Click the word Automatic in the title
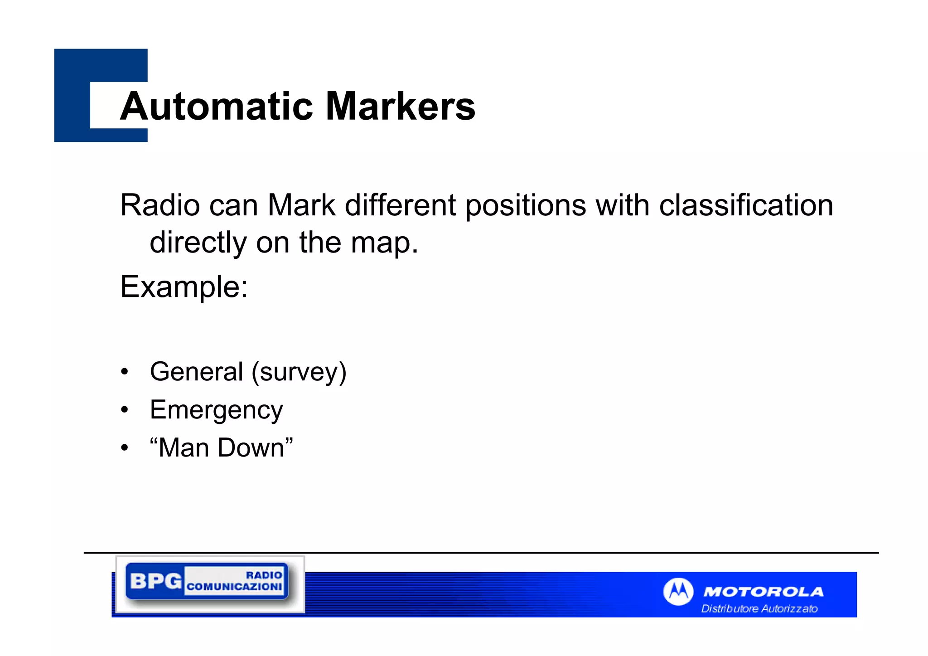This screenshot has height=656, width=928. click(x=217, y=107)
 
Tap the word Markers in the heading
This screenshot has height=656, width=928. click(x=401, y=107)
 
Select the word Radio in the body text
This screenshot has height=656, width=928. click(x=160, y=205)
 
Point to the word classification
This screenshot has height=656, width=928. click(x=746, y=205)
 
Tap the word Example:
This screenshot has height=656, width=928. click(x=184, y=287)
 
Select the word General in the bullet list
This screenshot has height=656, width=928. click(x=196, y=372)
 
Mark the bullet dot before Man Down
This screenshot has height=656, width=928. click(x=125, y=448)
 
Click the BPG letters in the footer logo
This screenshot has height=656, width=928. click(x=155, y=581)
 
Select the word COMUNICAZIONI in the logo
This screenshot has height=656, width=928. click(x=234, y=587)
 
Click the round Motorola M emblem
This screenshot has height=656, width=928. click(x=678, y=592)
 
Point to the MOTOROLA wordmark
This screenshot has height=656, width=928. click(x=763, y=592)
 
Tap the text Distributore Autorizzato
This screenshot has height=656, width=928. click(x=759, y=609)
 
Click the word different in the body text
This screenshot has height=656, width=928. click(x=400, y=205)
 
